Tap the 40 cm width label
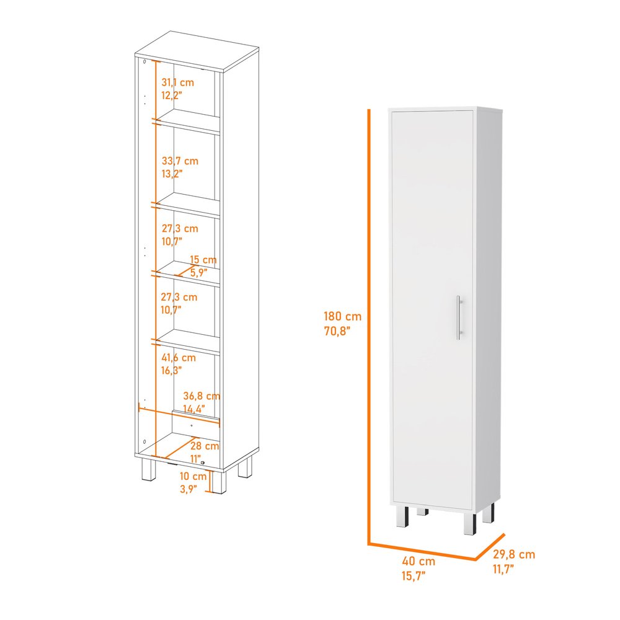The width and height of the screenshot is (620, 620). [418, 561]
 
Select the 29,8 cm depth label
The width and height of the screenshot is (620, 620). [514, 555]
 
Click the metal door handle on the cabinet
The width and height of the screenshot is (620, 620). [459, 317]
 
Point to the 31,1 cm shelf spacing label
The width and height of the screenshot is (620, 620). [177, 82]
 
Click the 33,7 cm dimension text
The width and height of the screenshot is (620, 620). [180, 161]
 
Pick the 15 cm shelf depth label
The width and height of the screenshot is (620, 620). [203, 260]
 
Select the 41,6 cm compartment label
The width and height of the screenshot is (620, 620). [179, 358]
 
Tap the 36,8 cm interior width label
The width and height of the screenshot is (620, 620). [201, 396]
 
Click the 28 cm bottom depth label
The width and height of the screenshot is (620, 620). [204, 446]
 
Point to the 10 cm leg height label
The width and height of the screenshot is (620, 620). [193, 476]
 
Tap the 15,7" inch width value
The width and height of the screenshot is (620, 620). [414, 575]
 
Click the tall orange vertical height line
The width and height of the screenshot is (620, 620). [369, 322]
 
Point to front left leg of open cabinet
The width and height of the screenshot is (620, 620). [149, 470]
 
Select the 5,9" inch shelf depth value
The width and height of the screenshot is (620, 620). [199, 272]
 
